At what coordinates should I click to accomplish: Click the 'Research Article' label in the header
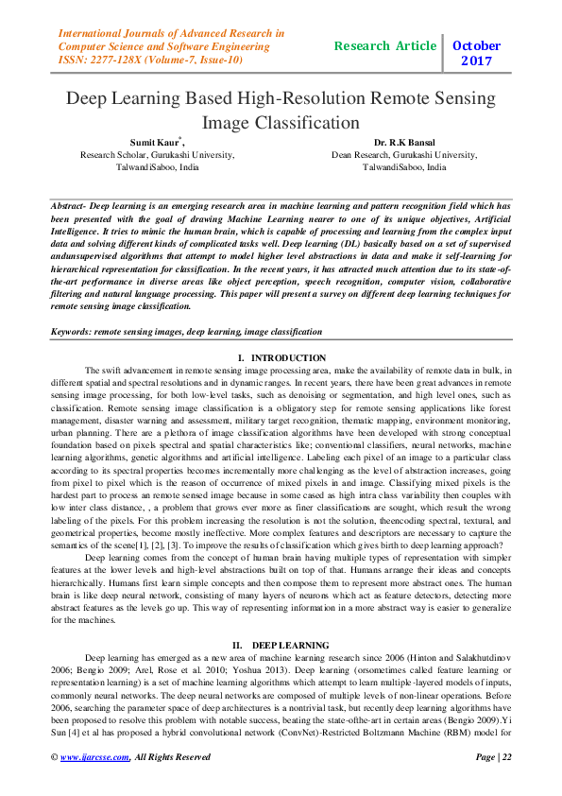(x=385, y=45)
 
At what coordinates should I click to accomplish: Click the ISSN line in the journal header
(x=151, y=60)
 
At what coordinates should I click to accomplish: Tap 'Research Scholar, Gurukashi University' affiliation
(x=157, y=154)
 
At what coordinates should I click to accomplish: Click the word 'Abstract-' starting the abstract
(x=69, y=205)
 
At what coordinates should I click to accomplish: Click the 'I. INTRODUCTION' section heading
(x=281, y=358)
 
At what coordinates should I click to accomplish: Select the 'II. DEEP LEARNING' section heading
(x=281, y=618)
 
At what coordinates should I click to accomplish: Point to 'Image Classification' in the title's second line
(x=281, y=122)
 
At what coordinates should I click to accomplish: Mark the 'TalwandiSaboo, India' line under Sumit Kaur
(x=157, y=166)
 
